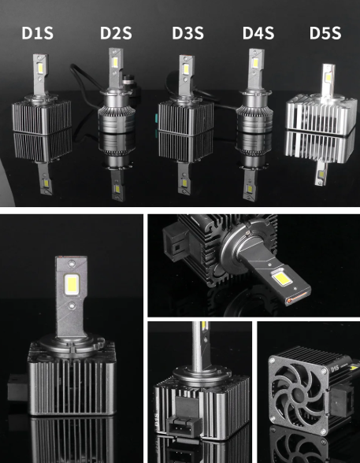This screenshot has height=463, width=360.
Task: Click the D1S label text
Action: pyautogui.click(x=38, y=34)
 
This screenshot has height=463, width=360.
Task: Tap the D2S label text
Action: pyautogui.click(x=116, y=34)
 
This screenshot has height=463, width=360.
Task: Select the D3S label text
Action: pyautogui.click(x=187, y=34)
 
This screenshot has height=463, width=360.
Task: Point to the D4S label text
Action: pyautogui.click(x=258, y=34)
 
